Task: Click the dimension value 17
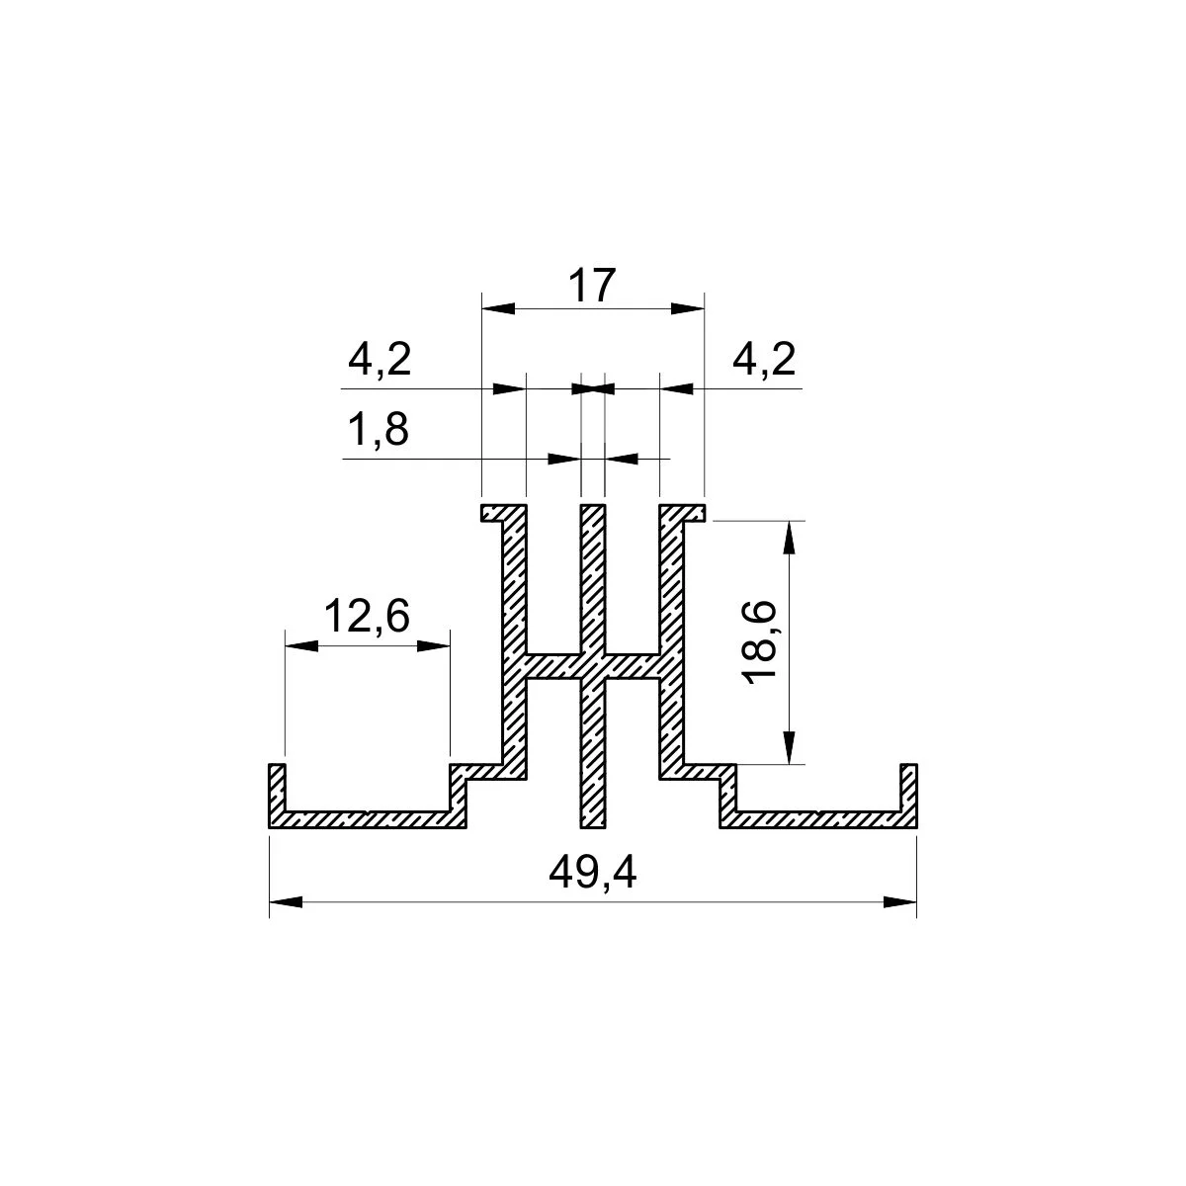(591, 285)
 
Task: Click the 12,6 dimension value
(367, 616)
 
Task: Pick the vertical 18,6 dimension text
(759, 642)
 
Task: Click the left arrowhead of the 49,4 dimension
(287, 902)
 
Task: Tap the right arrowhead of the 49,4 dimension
(899, 902)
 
